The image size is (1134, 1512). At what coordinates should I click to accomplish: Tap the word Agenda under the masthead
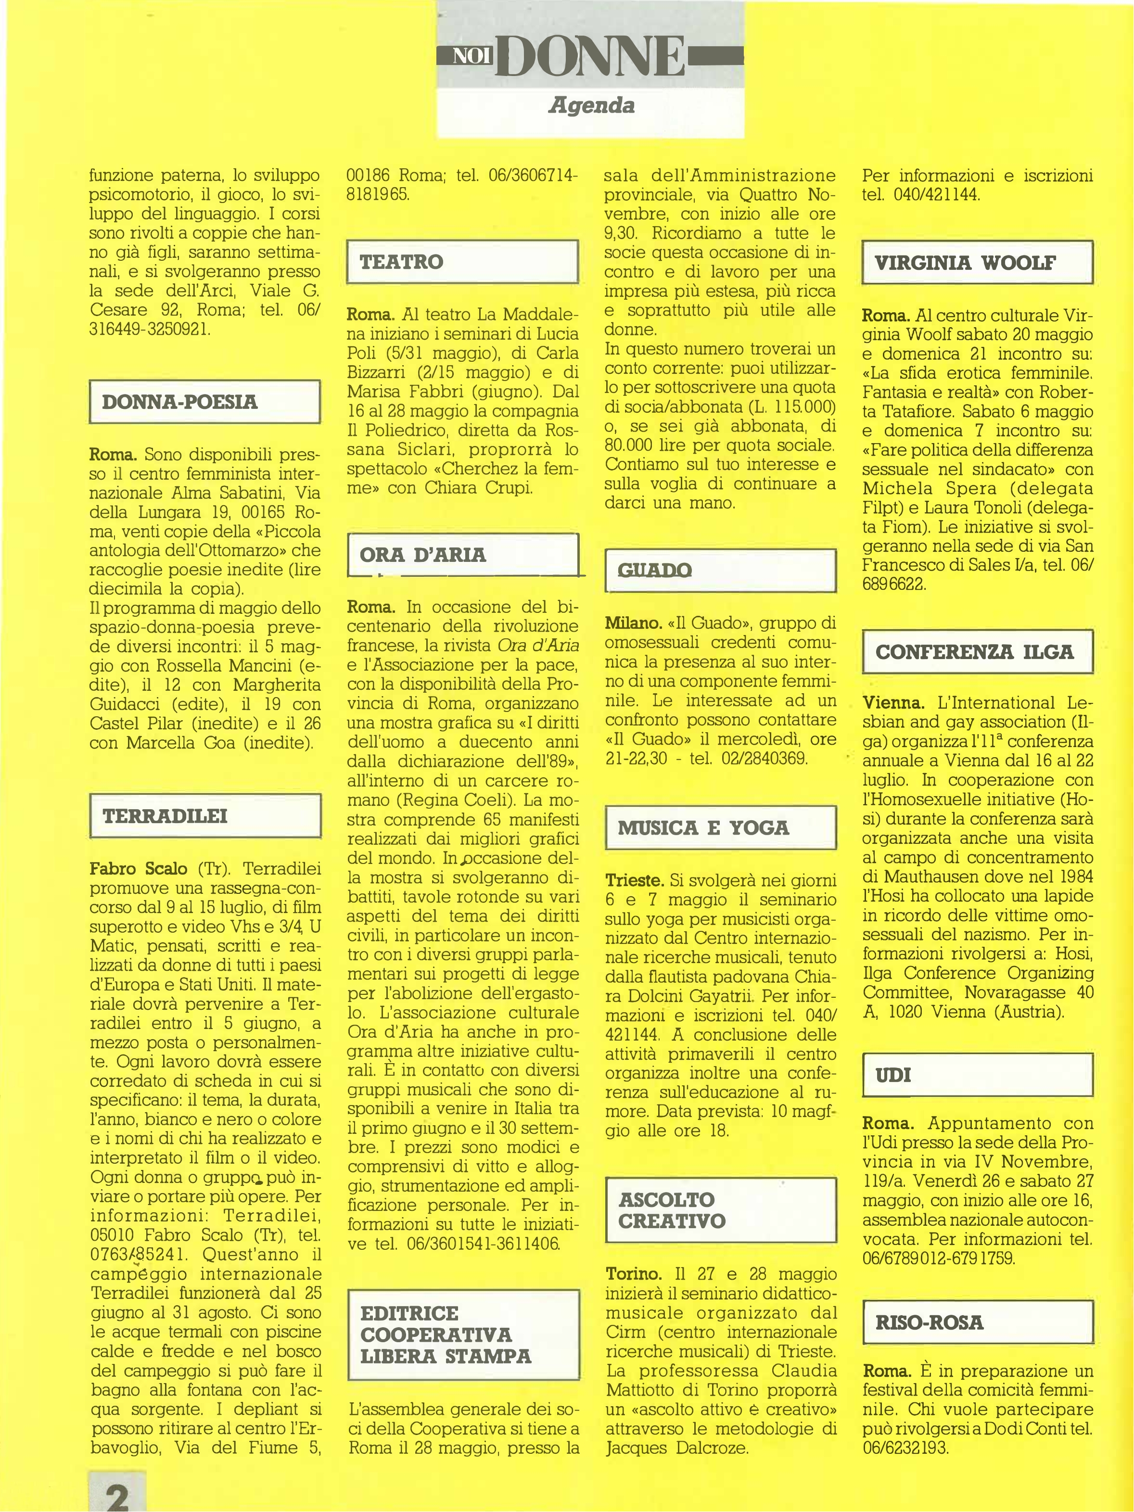(x=591, y=106)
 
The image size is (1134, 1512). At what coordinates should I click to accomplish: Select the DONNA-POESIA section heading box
(x=205, y=402)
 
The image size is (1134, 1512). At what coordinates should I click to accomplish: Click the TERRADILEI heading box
(x=205, y=815)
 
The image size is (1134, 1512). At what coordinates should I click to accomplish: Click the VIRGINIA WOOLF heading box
(x=978, y=263)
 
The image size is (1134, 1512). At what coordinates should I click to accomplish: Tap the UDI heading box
(x=978, y=1075)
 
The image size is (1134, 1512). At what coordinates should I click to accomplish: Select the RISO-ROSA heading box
(x=978, y=1322)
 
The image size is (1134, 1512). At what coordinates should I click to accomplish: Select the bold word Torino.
(x=634, y=1274)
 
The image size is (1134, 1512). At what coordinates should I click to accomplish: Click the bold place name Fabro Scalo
(x=138, y=869)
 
